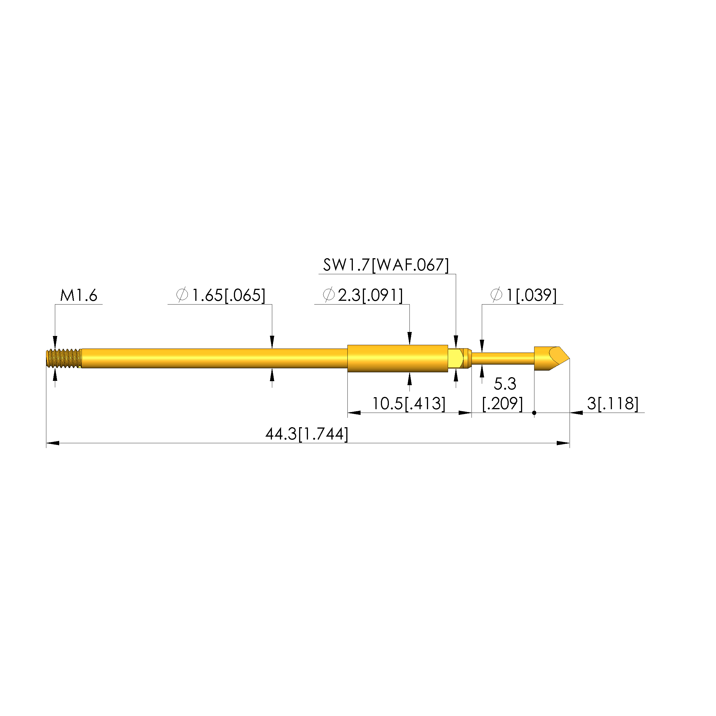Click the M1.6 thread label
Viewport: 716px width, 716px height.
click(79, 296)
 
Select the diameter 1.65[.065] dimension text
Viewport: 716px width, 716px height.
click(221, 296)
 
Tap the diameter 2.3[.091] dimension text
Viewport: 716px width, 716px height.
click(363, 296)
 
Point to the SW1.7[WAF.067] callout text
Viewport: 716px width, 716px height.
click(386, 265)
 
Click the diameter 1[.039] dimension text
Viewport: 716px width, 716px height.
click(523, 296)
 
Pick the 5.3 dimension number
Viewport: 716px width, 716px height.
click(505, 384)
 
